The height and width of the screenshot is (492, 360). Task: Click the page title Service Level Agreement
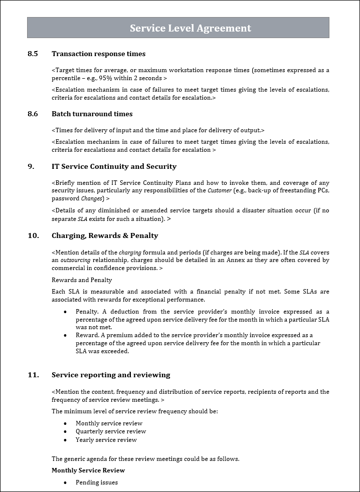190,28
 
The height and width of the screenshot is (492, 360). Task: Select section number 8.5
33,54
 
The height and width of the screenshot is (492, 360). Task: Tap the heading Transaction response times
98,54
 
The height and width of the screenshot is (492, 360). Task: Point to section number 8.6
33,114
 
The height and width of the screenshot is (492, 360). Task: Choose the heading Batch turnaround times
92,114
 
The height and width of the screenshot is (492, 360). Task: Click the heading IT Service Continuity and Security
114,166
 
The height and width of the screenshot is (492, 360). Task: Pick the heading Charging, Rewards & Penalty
105,235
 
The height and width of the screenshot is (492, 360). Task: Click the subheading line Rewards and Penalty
82,280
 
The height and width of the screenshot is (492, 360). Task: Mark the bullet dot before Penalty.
65,312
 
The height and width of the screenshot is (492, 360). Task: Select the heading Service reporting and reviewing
111,375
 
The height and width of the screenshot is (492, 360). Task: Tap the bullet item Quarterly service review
111,431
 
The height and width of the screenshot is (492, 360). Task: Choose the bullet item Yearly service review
106,440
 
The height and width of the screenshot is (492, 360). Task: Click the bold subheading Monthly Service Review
88,470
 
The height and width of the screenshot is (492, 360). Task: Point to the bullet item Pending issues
97,482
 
